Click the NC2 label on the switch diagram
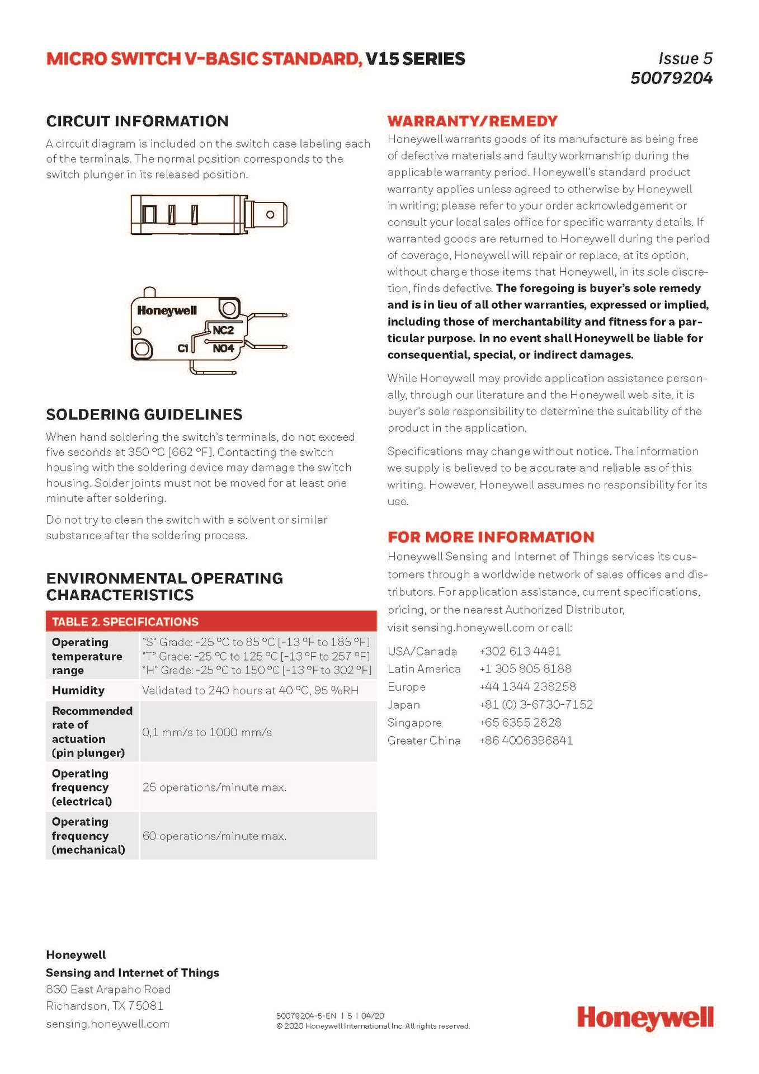[x=223, y=330]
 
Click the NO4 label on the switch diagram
[x=223, y=348]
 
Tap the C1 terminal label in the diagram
[x=183, y=348]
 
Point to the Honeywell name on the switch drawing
[x=167, y=310]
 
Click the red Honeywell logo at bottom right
[x=645, y=1018]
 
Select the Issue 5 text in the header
[x=685, y=58]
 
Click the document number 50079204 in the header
[x=671, y=78]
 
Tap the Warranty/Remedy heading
[x=473, y=121]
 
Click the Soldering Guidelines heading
[x=144, y=414]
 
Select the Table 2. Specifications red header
[x=125, y=621]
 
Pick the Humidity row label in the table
[x=78, y=690]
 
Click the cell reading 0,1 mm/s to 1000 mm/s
[x=207, y=732]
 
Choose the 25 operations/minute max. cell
[x=214, y=788]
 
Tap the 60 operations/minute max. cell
[x=214, y=836]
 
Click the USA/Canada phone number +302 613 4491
[x=520, y=651]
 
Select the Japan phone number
[x=536, y=705]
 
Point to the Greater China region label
[x=424, y=741]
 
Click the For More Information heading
[x=491, y=537]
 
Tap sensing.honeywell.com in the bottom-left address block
[x=107, y=1024]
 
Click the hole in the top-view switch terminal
[x=270, y=215]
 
